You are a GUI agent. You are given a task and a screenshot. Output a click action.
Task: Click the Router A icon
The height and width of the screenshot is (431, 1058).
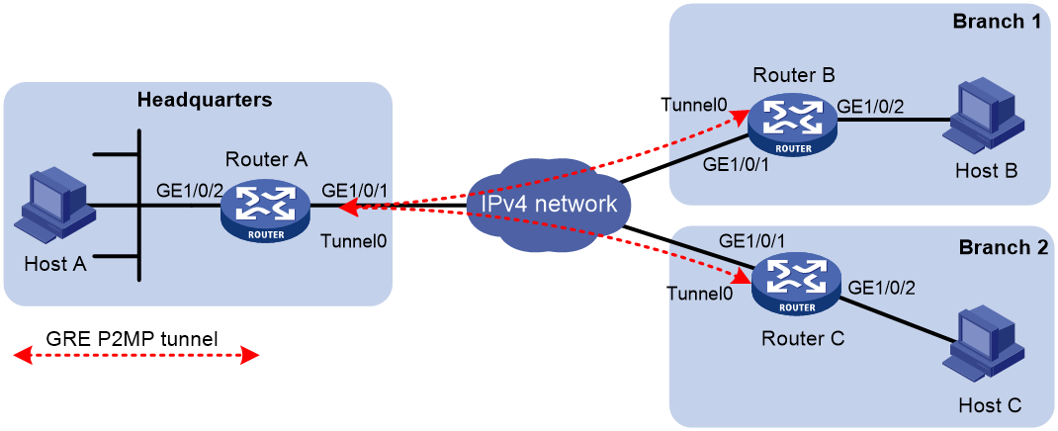[266, 212]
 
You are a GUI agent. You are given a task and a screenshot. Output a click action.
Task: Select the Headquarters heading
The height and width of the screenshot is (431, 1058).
[205, 101]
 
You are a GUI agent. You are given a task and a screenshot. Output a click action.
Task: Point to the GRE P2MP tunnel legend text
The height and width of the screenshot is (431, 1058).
[132, 339]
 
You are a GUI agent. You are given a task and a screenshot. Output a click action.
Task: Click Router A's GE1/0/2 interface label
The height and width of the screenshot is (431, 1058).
[189, 190]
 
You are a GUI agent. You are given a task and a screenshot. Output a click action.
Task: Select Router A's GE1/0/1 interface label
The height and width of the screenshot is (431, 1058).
[356, 190]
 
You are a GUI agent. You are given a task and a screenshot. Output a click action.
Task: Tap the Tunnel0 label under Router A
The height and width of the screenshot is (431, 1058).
[355, 241]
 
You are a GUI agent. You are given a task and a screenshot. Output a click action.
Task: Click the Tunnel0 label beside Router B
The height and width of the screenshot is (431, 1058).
[694, 105]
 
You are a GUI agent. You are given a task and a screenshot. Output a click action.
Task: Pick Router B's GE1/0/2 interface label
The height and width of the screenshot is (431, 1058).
[870, 106]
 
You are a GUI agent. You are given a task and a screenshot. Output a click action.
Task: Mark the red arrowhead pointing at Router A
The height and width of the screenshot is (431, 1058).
[347, 210]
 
